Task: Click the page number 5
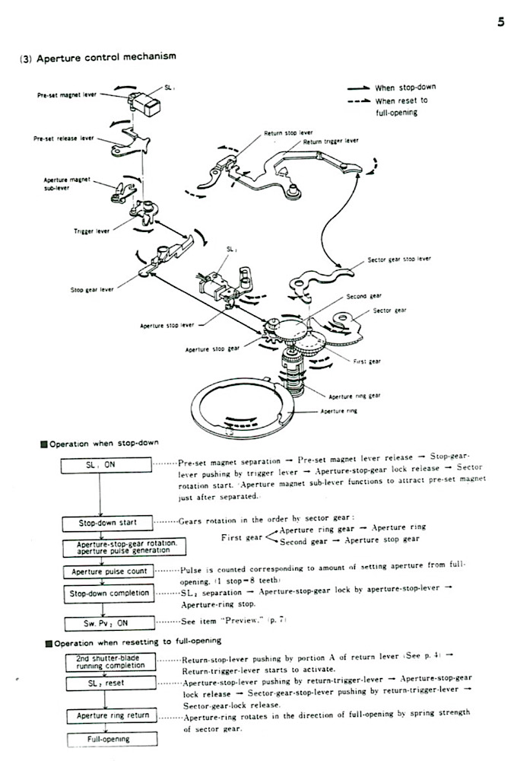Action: [500, 21]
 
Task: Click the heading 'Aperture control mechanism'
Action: [106, 57]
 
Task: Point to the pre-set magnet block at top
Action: [149, 103]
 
